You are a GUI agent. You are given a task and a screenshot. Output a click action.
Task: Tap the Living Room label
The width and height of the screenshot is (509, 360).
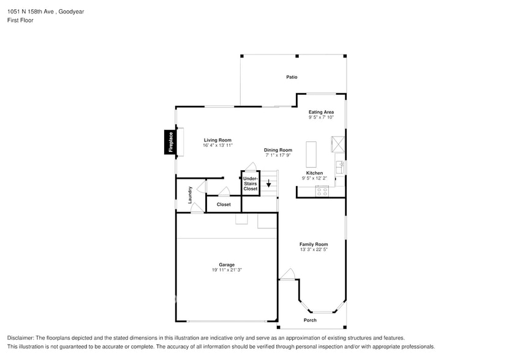[217, 140]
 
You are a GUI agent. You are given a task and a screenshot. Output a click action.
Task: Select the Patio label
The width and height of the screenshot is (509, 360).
[292, 77]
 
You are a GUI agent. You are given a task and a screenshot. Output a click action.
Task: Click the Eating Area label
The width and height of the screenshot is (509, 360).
[321, 112]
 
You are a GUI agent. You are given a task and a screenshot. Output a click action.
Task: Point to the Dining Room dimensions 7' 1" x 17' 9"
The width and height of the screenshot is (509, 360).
[277, 156]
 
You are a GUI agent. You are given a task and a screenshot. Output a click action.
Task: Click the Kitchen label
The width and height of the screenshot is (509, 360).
[314, 173]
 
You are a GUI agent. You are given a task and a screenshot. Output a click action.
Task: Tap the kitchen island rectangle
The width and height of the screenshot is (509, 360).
[311, 154]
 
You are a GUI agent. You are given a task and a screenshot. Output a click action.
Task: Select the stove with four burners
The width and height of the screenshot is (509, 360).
[322, 191]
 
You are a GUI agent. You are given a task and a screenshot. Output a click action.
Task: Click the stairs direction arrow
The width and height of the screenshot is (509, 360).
[268, 183]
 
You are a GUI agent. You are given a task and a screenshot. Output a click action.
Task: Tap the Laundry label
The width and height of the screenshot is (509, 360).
[190, 195]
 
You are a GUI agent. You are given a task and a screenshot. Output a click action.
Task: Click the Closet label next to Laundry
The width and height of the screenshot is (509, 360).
[224, 204]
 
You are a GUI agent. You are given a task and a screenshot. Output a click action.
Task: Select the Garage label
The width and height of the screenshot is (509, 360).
[227, 264]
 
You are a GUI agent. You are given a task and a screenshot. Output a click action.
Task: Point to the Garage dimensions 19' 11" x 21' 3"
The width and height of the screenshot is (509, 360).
[227, 270]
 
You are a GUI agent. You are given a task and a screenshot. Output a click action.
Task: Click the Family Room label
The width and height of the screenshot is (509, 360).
[314, 244]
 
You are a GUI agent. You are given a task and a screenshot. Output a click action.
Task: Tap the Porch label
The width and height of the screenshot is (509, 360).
[310, 320]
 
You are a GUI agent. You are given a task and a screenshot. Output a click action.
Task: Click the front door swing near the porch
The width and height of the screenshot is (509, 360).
[288, 274]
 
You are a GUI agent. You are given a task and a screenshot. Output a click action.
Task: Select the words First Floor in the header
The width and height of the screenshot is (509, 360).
[20, 20]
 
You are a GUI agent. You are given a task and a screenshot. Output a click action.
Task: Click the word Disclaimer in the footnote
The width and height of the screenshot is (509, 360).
[21, 338]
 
